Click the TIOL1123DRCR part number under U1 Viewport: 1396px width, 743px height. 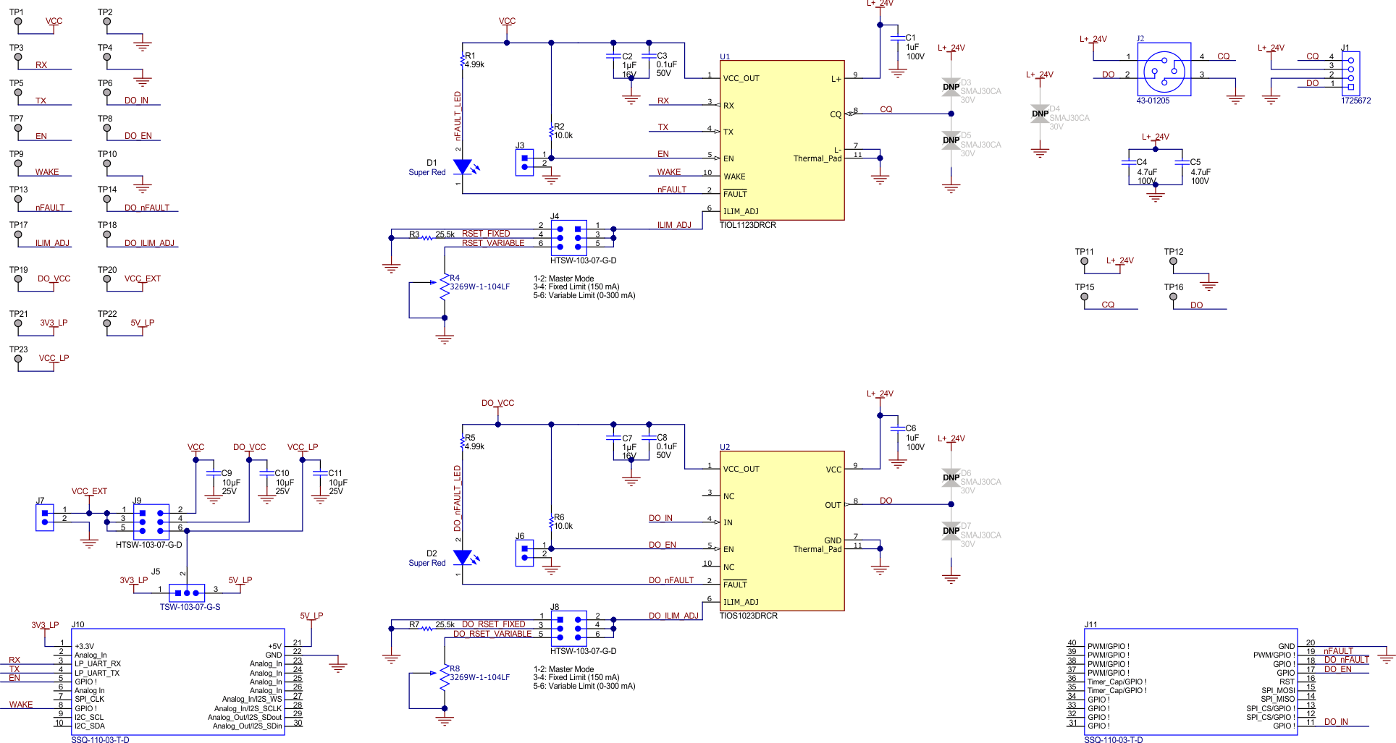(747, 225)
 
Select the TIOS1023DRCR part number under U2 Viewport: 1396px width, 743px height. (748, 616)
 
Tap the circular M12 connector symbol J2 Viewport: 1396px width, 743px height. (1164, 70)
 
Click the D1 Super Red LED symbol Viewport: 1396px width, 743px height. (463, 168)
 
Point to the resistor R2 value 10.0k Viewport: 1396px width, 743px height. (563, 135)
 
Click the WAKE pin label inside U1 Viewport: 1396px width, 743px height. (734, 177)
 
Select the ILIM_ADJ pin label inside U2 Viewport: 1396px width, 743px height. (741, 602)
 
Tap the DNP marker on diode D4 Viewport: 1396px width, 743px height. (1040, 114)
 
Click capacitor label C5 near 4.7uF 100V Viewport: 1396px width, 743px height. (1195, 162)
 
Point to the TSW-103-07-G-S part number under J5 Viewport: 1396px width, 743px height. (190, 607)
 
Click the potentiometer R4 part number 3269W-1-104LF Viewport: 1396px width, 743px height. (479, 286)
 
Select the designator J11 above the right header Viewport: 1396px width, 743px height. (1090, 624)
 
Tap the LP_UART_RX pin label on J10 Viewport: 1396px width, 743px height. (98, 663)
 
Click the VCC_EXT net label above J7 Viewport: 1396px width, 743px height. (89, 491)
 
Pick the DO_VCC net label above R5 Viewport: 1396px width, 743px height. (497, 403)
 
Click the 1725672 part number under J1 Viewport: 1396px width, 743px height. (1355, 101)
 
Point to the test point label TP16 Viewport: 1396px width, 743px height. (1173, 287)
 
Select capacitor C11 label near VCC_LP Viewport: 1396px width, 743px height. (335, 473)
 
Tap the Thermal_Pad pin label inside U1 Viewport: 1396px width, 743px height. (817, 158)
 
